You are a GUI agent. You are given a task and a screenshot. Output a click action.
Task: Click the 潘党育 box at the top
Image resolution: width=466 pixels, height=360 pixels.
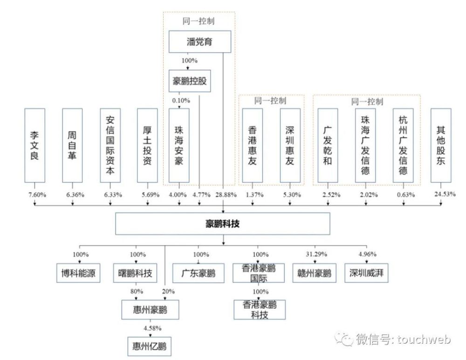pyautogui.click(x=199, y=42)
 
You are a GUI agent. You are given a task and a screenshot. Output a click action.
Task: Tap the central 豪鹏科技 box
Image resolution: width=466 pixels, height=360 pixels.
pyautogui.click(x=223, y=224)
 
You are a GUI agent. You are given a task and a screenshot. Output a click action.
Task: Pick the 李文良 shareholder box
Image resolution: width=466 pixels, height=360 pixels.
pyautogui.click(x=35, y=145)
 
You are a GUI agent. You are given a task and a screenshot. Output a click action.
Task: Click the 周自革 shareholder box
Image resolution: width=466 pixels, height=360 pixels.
pyautogui.click(x=72, y=145)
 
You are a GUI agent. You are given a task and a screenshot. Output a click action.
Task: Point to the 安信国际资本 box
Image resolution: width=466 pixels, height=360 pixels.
pyautogui.click(x=110, y=145)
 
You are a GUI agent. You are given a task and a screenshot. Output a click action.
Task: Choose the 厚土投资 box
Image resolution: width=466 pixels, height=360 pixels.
pyautogui.click(x=147, y=145)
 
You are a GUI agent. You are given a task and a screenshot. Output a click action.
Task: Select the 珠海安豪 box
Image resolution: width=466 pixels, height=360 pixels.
pyautogui.click(x=179, y=145)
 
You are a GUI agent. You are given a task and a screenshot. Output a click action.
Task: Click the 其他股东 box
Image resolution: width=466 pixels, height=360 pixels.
pyautogui.click(x=441, y=145)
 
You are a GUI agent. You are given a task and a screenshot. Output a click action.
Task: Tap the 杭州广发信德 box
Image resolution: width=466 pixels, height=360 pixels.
pyautogui.click(x=403, y=145)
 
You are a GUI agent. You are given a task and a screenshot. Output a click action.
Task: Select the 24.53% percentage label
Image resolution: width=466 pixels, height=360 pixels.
pyautogui.click(x=444, y=194)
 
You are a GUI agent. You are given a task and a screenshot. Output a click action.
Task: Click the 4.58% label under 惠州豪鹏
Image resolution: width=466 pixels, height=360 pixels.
pyautogui.click(x=149, y=329)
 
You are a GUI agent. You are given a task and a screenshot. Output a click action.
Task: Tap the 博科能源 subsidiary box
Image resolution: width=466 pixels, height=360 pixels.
pyautogui.click(x=78, y=273)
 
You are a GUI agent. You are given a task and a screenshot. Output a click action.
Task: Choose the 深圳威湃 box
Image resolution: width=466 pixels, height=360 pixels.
pyautogui.click(x=366, y=273)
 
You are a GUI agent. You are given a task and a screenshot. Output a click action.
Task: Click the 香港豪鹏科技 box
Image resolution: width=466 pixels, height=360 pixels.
pyautogui.click(x=259, y=310)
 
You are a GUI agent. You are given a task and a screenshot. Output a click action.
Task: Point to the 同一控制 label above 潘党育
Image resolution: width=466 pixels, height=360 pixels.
pyautogui.click(x=199, y=21)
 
